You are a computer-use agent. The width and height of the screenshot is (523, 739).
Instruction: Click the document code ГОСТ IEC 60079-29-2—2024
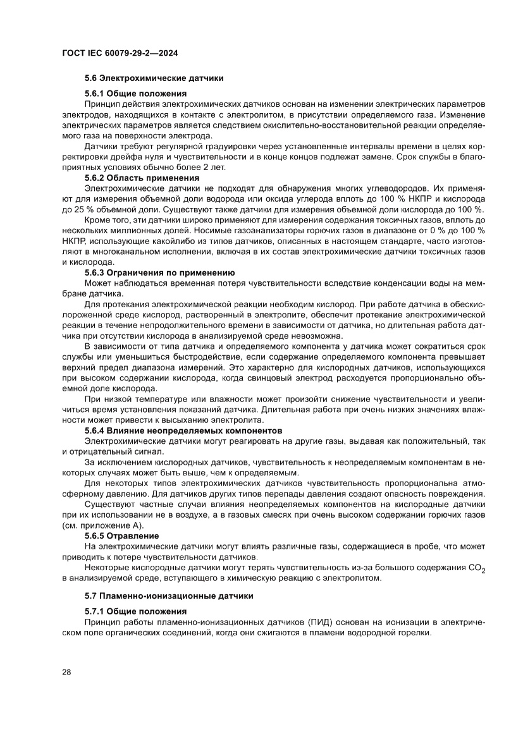point(120,54)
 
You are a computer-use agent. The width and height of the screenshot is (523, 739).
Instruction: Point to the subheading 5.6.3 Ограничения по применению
point(160,272)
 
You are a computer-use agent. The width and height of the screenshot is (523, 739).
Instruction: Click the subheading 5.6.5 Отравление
point(122,535)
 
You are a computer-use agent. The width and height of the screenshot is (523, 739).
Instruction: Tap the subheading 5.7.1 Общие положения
point(135,611)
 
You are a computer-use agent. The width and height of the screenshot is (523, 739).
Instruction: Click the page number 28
point(66,672)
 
